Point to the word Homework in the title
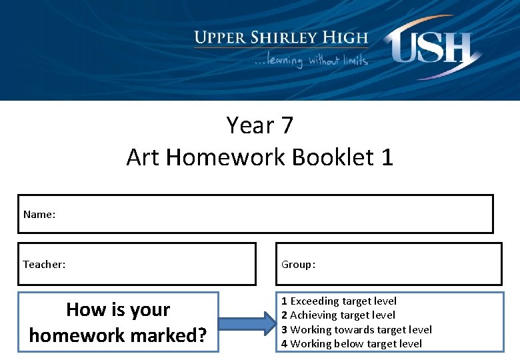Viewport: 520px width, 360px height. [x=229, y=157]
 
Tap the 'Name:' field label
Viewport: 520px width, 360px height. [x=39, y=214]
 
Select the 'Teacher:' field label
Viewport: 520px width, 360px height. [x=45, y=264]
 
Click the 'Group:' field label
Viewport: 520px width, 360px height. [x=298, y=265]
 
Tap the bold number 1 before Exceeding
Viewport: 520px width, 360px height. [x=284, y=301]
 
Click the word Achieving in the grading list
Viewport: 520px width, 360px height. [x=314, y=315]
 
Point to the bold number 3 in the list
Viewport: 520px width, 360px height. [x=284, y=329]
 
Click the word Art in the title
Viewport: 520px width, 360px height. [x=143, y=157]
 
